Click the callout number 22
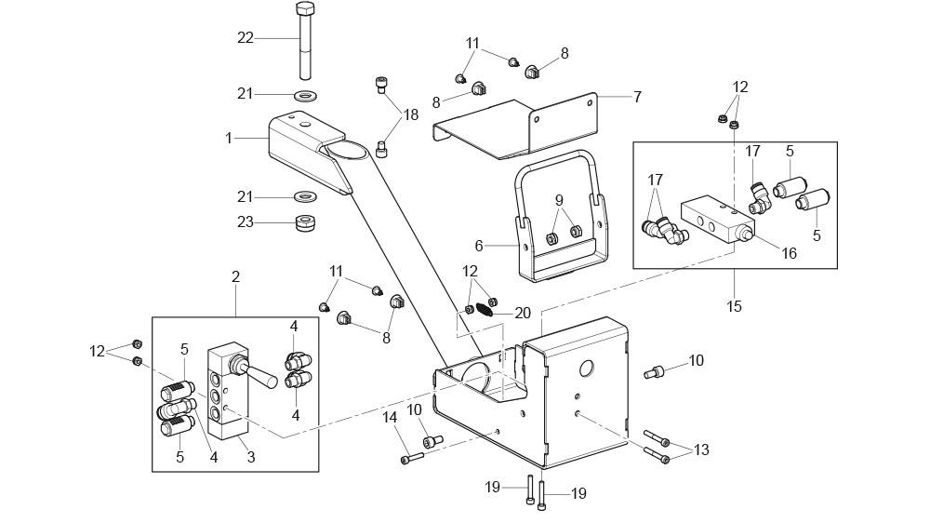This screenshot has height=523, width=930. [245, 38]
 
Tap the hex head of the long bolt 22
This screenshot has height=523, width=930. [305, 9]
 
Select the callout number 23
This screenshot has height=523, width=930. [245, 222]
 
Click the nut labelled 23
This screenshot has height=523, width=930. [305, 223]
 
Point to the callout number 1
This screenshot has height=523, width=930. [229, 139]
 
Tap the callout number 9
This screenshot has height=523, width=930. [559, 201]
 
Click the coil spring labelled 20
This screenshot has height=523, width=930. [485, 310]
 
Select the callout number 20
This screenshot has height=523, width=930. [523, 313]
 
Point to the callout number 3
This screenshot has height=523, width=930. [251, 457]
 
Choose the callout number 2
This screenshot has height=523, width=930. [235, 276]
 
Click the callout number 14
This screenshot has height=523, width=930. [390, 418]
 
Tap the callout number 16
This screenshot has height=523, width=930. [789, 253]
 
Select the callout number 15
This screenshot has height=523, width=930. [735, 306]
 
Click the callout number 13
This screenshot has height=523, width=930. [701, 450]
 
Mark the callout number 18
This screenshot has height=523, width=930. [411, 114]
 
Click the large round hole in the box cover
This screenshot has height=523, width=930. [586, 369]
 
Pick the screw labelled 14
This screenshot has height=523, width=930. [412, 458]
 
